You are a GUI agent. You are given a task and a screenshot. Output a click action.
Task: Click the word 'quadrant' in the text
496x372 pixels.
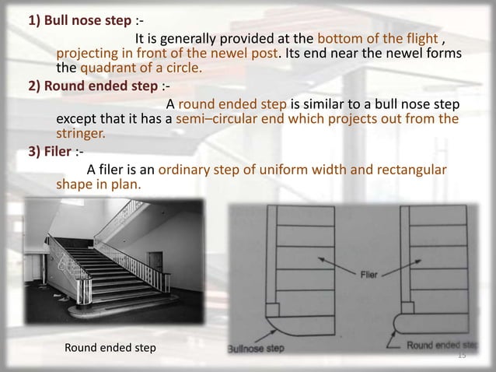point(114,68)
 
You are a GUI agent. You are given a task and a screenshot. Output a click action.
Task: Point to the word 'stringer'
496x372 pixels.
point(82,133)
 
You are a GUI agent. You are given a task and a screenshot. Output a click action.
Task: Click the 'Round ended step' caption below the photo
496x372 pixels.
point(109,346)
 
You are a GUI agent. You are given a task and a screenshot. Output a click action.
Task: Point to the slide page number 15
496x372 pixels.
point(461,355)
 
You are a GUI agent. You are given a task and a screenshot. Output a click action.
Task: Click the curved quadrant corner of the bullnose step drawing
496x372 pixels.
point(271,328)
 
